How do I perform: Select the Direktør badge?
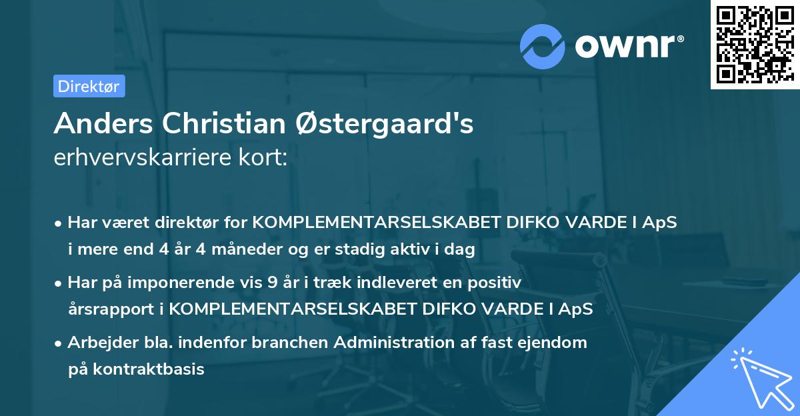point(89,86)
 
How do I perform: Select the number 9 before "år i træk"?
point(271,283)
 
